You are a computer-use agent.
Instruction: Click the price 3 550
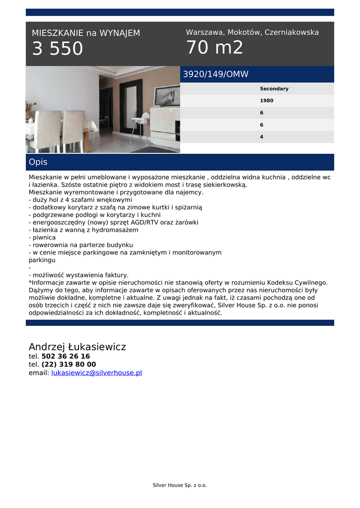[58, 49]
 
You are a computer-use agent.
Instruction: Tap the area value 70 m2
[215, 48]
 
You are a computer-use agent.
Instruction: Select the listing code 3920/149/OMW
[216, 74]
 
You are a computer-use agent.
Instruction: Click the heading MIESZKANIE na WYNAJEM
[86, 33]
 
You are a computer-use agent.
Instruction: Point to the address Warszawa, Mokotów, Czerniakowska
[252, 32]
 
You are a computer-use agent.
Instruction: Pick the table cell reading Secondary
[274, 89]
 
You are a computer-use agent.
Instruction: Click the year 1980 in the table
[267, 101]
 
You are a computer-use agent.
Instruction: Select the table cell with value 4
[262, 137]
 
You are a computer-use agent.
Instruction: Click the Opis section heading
[38, 162]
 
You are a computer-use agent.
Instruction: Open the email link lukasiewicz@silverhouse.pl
[96, 373]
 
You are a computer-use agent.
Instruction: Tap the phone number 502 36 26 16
[66, 356]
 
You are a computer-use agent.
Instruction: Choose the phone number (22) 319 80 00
[69, 364]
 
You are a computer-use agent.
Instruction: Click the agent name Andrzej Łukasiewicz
[77, 347]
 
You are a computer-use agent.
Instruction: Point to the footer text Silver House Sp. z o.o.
[179, 485]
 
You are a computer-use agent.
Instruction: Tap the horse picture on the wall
[167, 96]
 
